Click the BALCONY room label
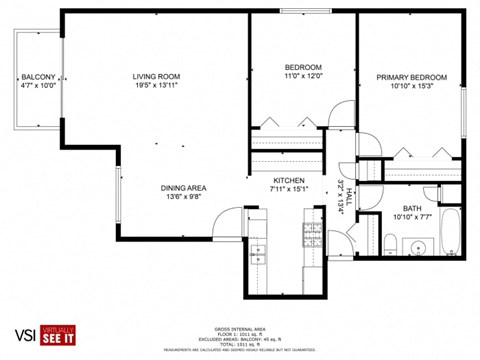[38, 77]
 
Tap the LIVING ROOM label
[156, 77]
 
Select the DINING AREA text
[183, 188]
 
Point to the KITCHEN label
[289, 179]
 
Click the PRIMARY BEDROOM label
[411, 77]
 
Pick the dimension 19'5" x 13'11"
[156, 87]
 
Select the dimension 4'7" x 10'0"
[38, 87]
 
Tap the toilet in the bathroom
[391, 244]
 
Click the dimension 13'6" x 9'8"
[183, 198]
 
